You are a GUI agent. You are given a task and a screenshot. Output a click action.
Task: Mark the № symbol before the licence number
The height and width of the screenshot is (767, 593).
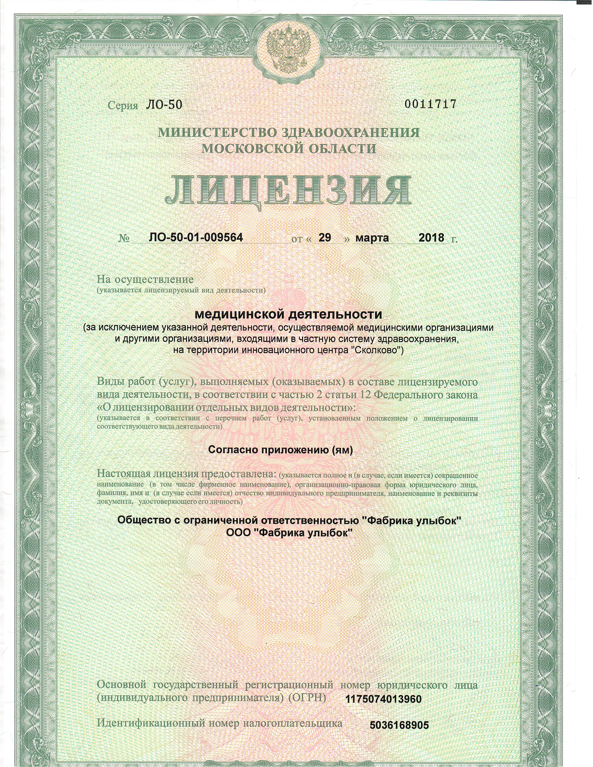124,239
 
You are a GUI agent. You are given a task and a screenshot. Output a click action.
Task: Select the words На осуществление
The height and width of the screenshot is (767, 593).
145,280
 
